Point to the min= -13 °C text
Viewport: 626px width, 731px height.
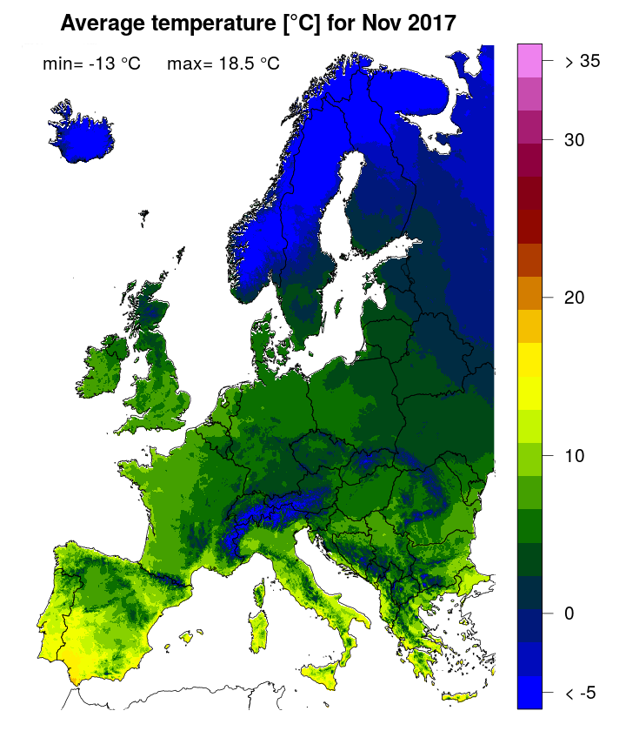click(91, 64)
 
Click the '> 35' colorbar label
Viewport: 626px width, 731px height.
click(583, 61)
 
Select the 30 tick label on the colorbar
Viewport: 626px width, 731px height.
click(574, 139)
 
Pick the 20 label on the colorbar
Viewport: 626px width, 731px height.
click(574, 298)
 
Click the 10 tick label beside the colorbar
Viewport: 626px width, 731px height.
click(574, 455)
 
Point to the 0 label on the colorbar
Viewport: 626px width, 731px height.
click(569, 614)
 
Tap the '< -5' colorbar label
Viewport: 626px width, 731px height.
click(582, 693)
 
